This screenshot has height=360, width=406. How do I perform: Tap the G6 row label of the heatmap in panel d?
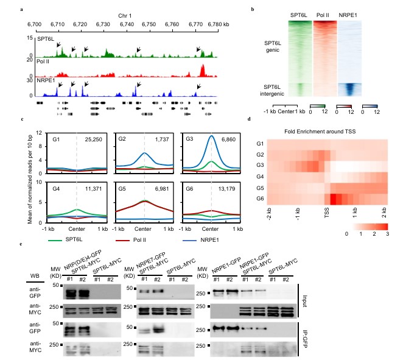(x=259, y=199)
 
